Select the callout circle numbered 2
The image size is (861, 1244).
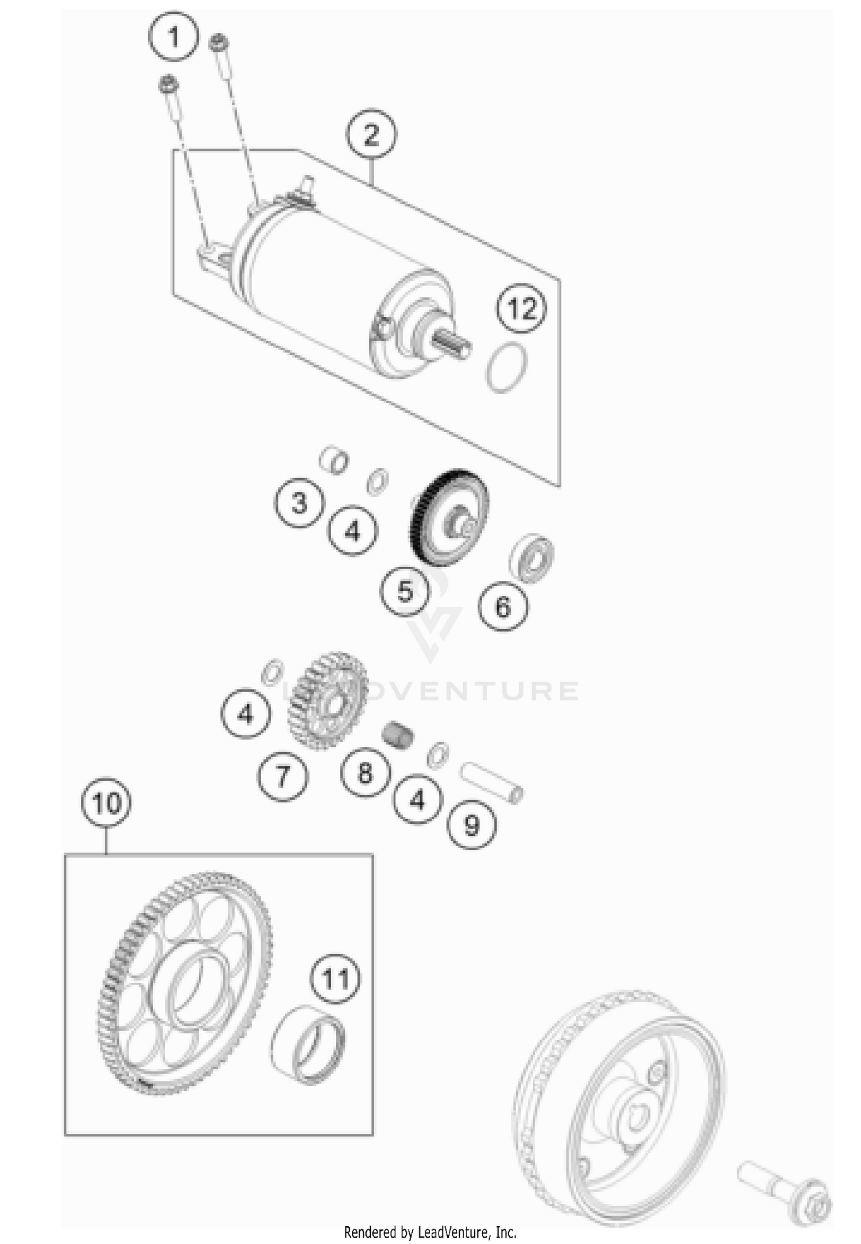point(371,134)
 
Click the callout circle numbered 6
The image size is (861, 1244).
point(503,606)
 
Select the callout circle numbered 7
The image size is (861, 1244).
point(282,776)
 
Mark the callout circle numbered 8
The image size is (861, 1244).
point(365,772)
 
